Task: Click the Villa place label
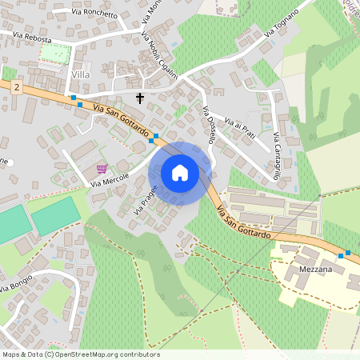tap(81, 74)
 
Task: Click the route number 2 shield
tap(16, 86)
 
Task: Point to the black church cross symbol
tap(140, 98)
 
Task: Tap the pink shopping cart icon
tap(102, 168)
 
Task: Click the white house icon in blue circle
tap(180, 172)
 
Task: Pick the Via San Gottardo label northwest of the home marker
tap(120, 119)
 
